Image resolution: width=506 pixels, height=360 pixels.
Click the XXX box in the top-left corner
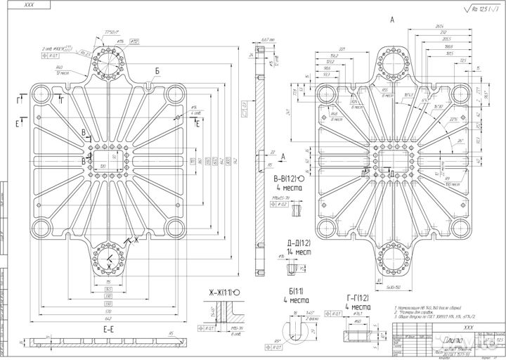point(28,5)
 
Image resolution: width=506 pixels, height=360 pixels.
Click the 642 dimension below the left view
point(110,318)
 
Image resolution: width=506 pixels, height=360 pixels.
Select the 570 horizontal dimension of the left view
point(110,310)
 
